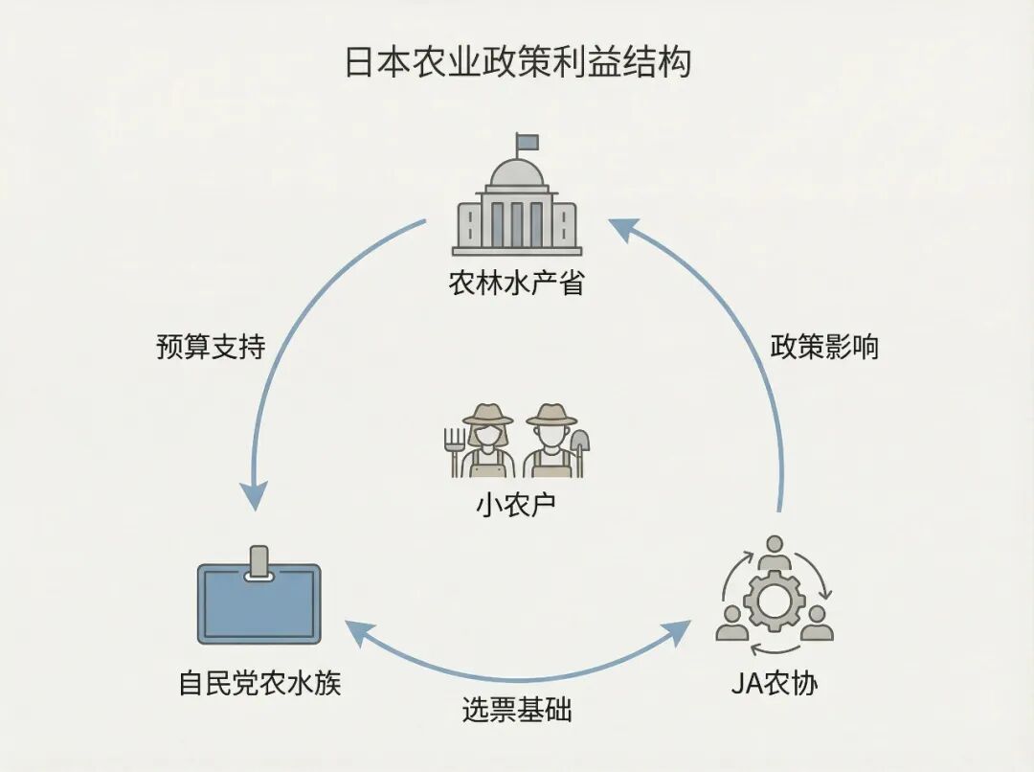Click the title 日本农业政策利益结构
point(517,63)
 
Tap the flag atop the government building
point(528,143)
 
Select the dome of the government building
point(517,174)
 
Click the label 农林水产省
point(516,284)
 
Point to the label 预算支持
point(211,347)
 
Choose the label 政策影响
point(824,347)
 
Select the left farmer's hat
point(488,415)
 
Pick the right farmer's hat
point(551,415)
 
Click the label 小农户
point(516,506)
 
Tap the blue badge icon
point(258,605)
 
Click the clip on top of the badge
point(258,562)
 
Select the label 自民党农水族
point(259,684)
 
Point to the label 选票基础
point(517,711)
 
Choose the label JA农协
point(775,684)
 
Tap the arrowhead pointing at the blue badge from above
point(254,494)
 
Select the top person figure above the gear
point(774,553)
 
